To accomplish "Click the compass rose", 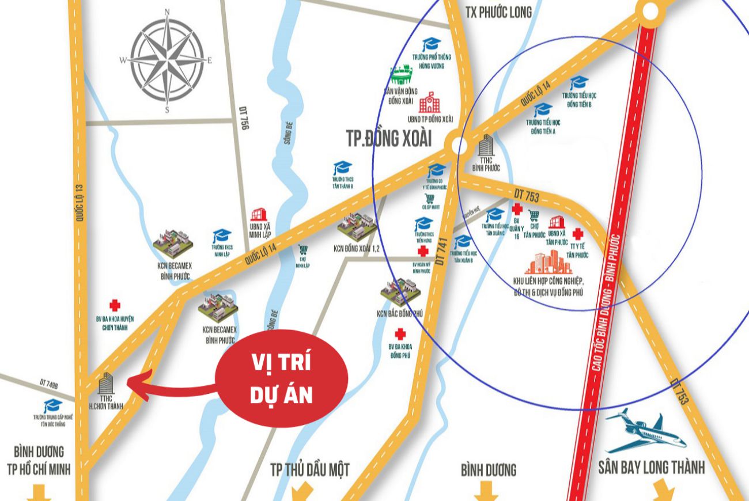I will coord(167,60).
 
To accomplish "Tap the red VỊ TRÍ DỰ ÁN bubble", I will coord(281,378).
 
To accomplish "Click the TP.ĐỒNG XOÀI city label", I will coord(388,139).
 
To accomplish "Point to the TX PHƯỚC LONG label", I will coord(498,12).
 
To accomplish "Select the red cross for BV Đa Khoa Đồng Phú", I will coord(399,333).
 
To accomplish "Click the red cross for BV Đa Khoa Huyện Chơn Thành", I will coord(115,305).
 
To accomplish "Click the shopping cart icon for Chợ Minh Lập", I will coord(303,250).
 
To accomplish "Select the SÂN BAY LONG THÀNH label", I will coord(651,467).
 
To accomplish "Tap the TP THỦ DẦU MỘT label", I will coord(310,469).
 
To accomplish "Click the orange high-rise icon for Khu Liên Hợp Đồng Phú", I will coord(548,263).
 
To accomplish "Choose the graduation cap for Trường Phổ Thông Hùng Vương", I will coord(431,44).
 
